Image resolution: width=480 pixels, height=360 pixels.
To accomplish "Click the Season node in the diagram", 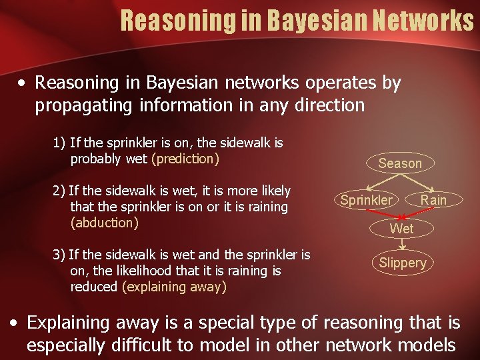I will click(x=400, y=163).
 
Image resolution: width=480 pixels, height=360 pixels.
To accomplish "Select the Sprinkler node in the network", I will click(x=366, y=200).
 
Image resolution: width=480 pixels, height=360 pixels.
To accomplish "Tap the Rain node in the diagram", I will click(x=433, y=200).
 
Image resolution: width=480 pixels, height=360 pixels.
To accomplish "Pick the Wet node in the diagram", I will click(x=401, y=229).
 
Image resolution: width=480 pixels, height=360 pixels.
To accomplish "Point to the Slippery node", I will click(x=402, y=263).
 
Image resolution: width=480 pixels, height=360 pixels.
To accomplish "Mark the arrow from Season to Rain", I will click(x=419, y=182).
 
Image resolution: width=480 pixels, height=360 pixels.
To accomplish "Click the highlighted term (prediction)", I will click(x=185, y=159).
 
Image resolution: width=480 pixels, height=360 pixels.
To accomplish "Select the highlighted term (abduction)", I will click(x=105, y=223).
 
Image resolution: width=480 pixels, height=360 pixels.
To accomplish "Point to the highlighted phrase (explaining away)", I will click(x=175, y=287).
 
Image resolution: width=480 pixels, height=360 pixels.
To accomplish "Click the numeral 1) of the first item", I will click(x=59, y=143).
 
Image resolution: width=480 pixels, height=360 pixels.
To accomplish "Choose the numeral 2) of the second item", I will click(x=59, y=191).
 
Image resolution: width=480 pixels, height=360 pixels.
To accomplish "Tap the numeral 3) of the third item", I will click(x=59, y=255).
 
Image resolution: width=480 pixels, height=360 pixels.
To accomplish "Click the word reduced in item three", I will click(x=94, y=287).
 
